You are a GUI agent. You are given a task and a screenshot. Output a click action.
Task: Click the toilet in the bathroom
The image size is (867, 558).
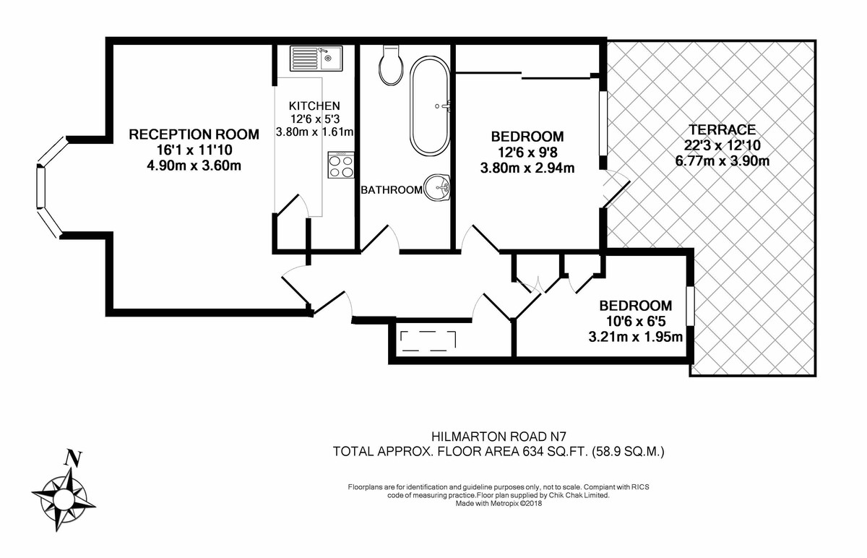coord(390,66)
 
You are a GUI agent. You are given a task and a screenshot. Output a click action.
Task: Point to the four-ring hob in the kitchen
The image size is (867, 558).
coord(340,166)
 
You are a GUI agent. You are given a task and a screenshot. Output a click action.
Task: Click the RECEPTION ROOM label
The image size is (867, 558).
coord(194,134)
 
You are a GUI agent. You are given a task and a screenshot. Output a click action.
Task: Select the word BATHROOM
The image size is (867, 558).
coord(392,190)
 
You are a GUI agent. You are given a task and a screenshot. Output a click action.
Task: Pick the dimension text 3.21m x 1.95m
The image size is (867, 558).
coord(636,336)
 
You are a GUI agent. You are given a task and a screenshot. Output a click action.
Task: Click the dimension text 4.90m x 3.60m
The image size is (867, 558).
coord(194,166)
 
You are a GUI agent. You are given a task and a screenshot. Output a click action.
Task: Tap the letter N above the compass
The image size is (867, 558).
coord(72,458)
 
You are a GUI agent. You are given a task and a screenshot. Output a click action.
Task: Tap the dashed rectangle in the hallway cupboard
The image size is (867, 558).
coord(428,340)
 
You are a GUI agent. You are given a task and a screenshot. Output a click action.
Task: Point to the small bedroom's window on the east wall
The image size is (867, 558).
coord(690,306)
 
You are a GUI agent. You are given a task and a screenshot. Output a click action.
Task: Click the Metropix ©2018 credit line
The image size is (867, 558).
coord(498,504)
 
